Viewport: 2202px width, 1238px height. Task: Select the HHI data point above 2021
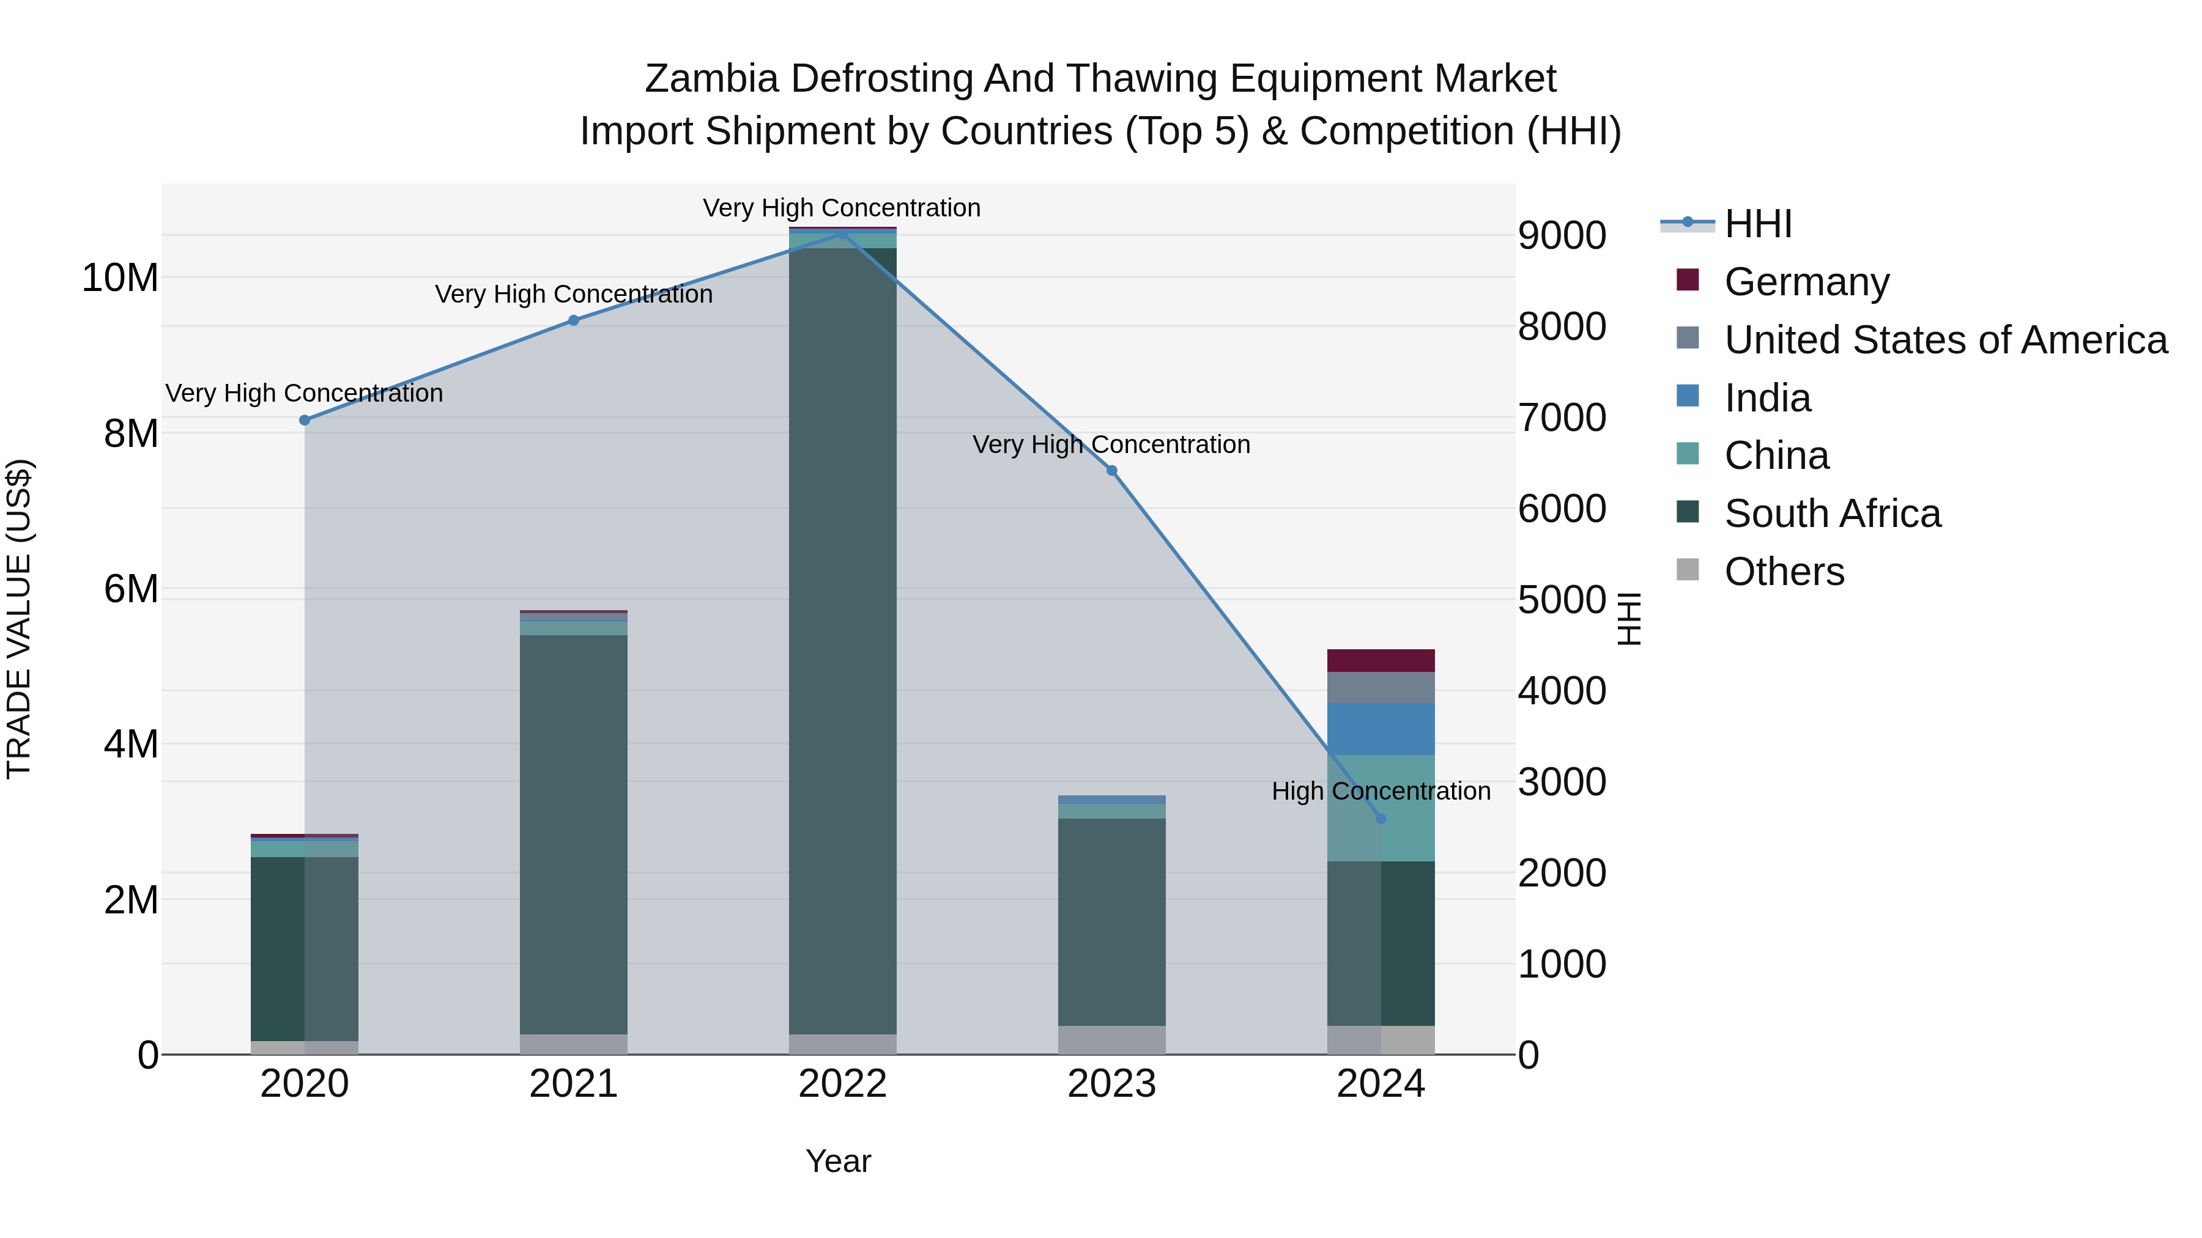coord(574,320)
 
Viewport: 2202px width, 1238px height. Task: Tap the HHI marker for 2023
coord(1111,471)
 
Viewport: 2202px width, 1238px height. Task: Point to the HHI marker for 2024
coord(1381,819)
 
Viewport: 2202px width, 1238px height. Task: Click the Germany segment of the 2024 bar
coord(1381,660)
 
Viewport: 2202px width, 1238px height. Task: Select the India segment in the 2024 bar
coord(1381,729)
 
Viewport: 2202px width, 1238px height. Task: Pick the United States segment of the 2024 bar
coord(1381,688)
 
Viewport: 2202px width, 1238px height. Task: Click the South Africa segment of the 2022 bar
coord(842,641)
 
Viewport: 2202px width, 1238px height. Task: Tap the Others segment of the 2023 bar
coord(1111,1040)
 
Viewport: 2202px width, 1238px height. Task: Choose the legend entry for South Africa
coord(1832,514)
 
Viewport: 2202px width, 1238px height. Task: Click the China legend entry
coord(1776,455)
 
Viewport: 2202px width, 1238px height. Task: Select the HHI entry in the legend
coord(1757,224)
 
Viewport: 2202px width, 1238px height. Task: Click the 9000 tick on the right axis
coord(1562,236)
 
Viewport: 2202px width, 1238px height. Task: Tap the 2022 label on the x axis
coord(842,1084)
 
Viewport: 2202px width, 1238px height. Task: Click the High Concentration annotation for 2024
coord(1381,791)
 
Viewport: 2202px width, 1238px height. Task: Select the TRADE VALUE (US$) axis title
coord(19,619)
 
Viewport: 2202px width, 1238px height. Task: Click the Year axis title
coord(838,1161)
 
